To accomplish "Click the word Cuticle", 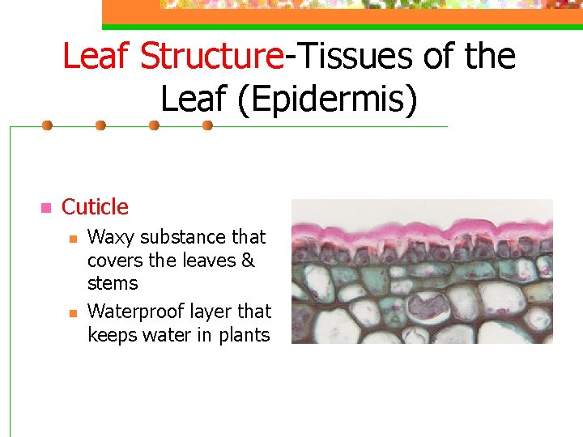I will click(95, 207).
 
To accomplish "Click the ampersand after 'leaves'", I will click(248, 261).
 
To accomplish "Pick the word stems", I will click(113, 283).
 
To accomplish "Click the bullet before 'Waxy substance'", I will click(72, 239).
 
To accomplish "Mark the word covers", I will click(114, 261).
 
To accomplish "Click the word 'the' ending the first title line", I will click(491, 57).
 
